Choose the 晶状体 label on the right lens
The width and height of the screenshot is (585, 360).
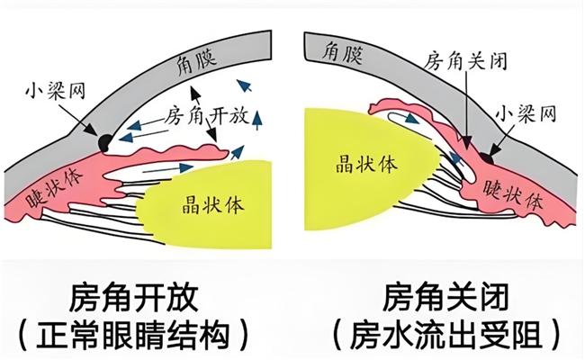[x=354, y=167]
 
